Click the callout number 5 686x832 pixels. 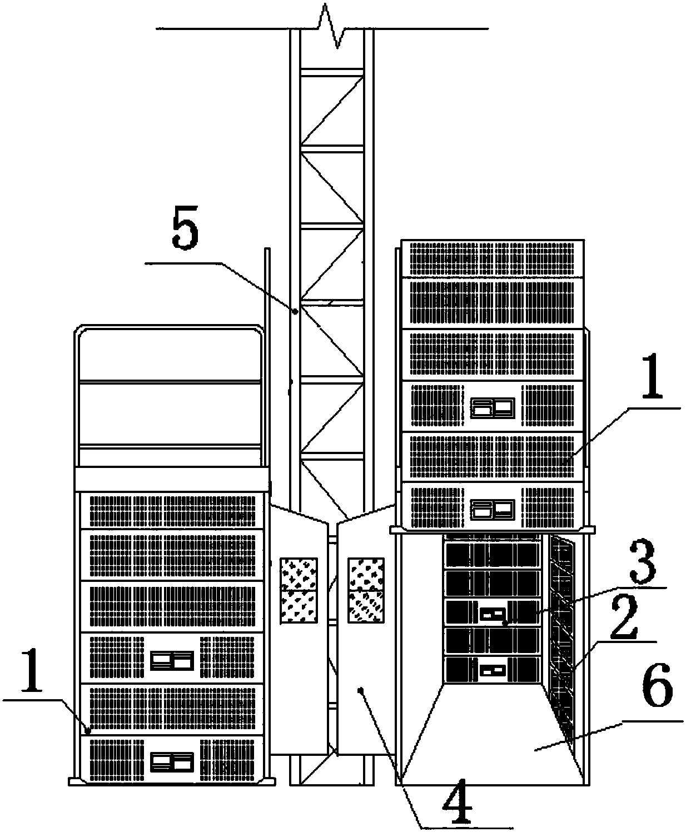point(185,228)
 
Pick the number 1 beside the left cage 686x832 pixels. point(32,671)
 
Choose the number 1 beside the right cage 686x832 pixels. point(652,376)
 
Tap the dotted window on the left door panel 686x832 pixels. point(299,590)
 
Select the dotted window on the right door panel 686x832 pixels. point(366,590)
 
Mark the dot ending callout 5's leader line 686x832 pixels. point(295,312)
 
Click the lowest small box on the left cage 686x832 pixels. point(172,762)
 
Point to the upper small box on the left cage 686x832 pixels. point(172,661)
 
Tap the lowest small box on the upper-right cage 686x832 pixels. point(493,510)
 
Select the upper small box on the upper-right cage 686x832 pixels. point(493,407)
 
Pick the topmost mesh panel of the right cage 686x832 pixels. point(492,258)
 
